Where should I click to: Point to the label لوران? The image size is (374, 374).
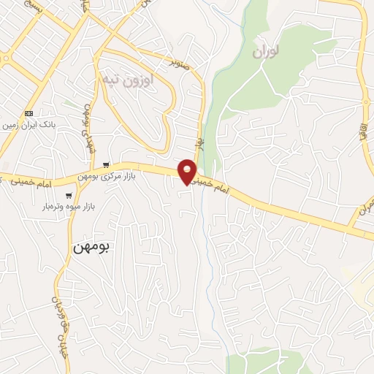pos(267,53)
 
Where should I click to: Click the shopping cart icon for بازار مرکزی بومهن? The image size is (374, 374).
pos(107,164)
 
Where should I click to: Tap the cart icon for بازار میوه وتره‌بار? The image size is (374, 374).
pos(69,195)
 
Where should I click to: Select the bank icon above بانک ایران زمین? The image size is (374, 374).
pos(29,113)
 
